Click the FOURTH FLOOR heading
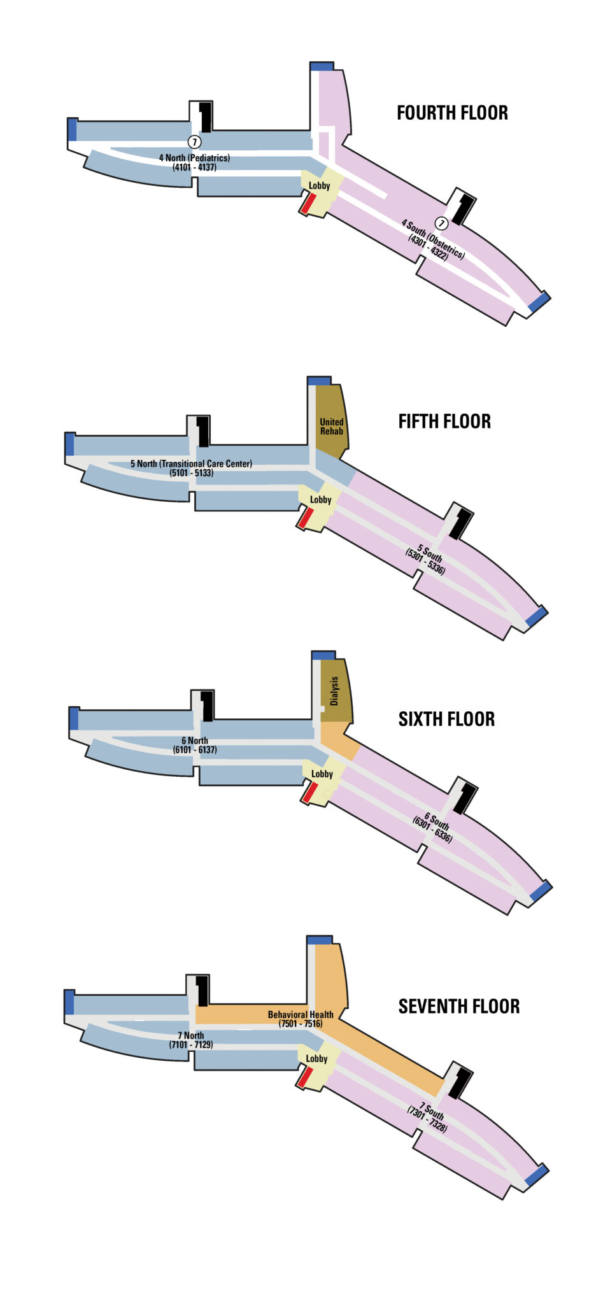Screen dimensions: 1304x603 (452, 113)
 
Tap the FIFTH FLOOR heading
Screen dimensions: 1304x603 (444, 422)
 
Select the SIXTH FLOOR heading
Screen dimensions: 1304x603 (446, 719)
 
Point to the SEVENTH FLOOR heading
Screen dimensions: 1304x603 (458, 1007)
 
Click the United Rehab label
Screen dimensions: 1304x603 (331, 427)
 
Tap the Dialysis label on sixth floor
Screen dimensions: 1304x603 (334, 691)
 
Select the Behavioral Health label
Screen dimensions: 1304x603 (301, 1014)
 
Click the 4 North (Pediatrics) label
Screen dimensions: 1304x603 (194, 158)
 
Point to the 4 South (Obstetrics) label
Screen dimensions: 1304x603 (433, 239)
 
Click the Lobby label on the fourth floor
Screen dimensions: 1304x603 (320, 186)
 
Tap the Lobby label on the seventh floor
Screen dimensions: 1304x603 (316, 1059)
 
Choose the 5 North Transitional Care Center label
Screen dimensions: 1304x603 (191, 464)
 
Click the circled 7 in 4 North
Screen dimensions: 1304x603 (195, 142)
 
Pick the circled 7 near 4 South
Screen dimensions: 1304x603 (441, 223)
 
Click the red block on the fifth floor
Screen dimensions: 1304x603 (305, 518)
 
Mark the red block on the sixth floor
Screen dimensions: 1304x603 (309, 793)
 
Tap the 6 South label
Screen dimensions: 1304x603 (437, 821)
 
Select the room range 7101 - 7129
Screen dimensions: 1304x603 (191, 1045)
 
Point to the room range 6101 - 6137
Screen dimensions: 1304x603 (195, 750)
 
